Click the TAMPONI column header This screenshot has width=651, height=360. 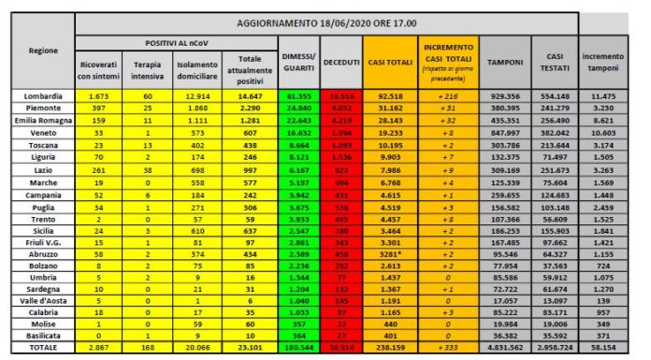[505, 62]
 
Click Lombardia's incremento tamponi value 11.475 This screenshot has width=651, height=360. [603, 96]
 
